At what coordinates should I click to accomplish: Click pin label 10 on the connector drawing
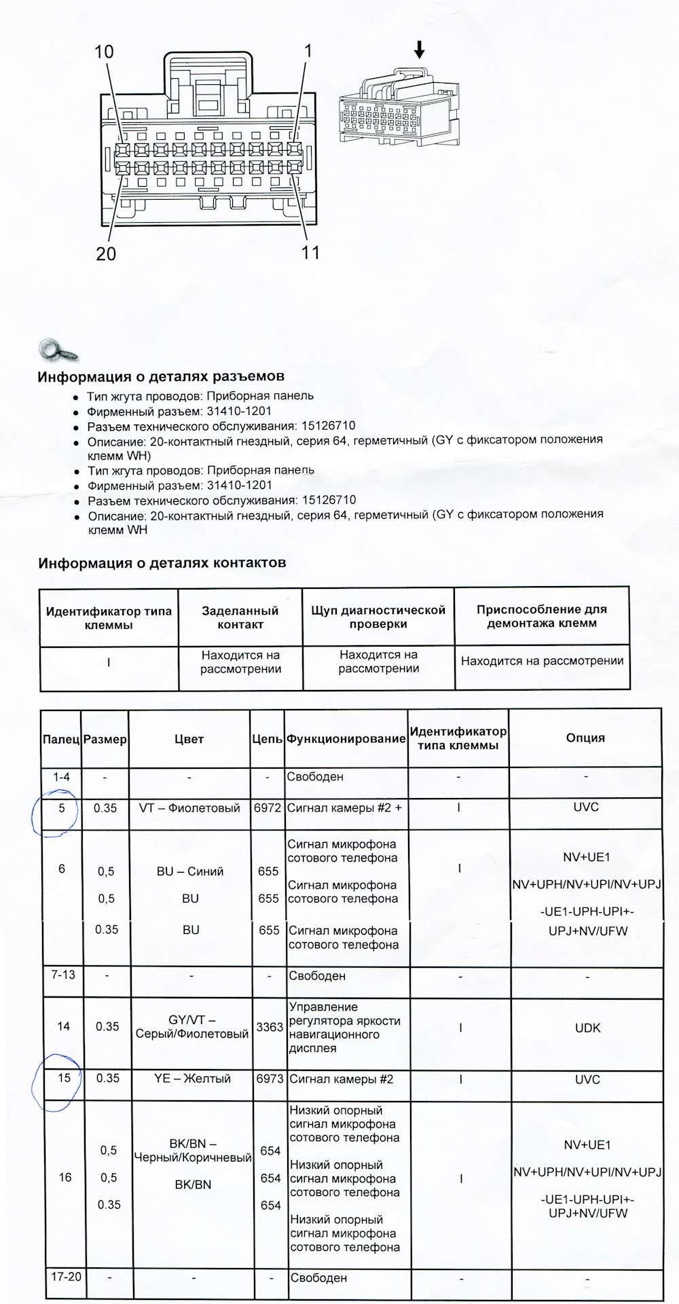tap(104, 52)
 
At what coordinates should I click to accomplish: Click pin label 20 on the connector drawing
tap(106, 254)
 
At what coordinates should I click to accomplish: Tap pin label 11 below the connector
tap(310, 253)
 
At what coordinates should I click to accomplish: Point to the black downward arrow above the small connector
tap(419, 49)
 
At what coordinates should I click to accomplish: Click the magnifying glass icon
tap(58, 350)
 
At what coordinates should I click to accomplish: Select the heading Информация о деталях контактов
tap(162, 563)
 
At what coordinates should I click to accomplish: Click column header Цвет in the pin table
tap(189, 739)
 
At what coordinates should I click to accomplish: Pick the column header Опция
tap(585, 738)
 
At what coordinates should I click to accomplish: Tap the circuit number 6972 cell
tap(268, 808)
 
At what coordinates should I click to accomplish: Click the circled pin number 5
tap(62, 808)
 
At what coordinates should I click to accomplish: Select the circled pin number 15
tap(64, 1079)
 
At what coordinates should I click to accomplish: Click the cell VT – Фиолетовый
tap(189, 808)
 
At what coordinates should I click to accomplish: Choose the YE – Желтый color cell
tap(192, 1079)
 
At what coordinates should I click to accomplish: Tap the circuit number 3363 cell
tap(270, 1027)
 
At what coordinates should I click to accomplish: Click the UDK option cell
tap(587, 1028)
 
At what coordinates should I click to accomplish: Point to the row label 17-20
tap(66, 1277)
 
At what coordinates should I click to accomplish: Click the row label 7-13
tap(63, 975)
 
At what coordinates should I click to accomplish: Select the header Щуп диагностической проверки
tap(378, 617)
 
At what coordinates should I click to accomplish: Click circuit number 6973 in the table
tap(270, 1079)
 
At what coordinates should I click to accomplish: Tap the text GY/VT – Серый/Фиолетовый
tap(192, 1027)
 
